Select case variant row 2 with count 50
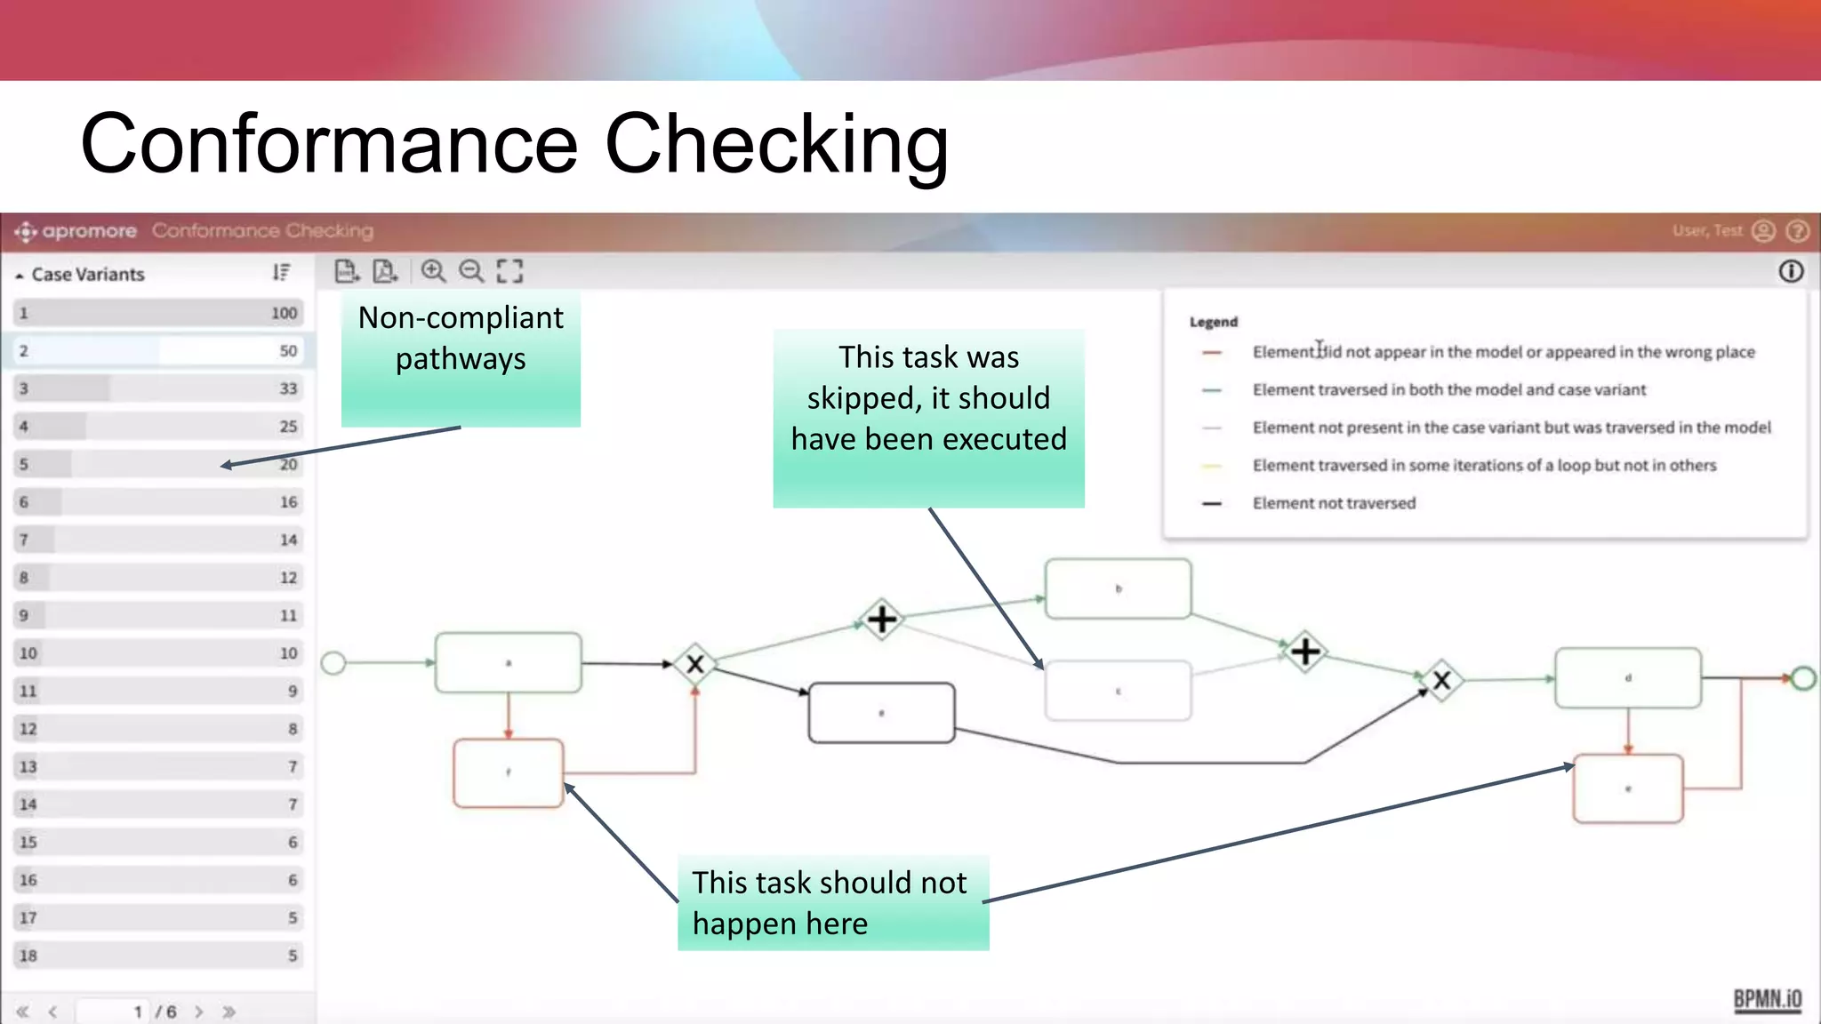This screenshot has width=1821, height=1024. pos(158,351)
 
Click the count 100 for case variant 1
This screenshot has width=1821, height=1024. pos(284,313)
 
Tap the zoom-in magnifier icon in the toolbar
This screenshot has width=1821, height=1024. pos(433,271)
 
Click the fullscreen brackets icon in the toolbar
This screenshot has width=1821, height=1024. pos(509,271)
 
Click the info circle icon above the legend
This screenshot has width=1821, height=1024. pos(1791,271)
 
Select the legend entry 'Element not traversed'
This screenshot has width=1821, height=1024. pos(1333,503)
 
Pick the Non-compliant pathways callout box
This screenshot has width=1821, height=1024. pos(461,358)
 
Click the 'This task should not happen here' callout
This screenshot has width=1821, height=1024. pos(832,903)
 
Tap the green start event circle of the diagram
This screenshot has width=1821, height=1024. pos(333,663)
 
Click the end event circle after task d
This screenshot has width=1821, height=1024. pos(1803,679)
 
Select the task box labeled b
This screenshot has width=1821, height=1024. pos(1118,588)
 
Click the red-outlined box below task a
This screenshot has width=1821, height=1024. pos(508,772)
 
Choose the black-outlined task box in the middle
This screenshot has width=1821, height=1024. pos(881,713)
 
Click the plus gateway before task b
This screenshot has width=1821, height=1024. pos(881,619)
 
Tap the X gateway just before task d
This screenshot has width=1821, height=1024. pos(1441,681)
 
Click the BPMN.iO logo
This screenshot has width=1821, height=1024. pos(1767,999)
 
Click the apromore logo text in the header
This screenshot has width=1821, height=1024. pos(89,231)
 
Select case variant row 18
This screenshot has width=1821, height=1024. pos(158,956)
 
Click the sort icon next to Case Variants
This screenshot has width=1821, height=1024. pos(281,273)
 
